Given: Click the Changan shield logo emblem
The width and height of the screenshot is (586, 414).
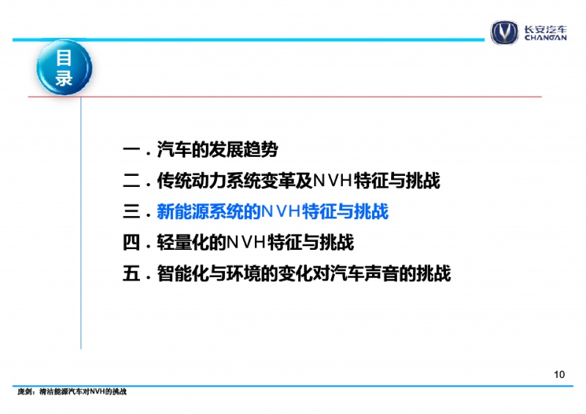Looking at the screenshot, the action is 505,32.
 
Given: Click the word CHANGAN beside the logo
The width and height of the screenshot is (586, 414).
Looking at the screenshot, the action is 545,37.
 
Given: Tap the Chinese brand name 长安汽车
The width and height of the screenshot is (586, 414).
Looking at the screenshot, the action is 545,29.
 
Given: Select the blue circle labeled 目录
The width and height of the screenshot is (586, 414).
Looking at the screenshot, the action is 64,67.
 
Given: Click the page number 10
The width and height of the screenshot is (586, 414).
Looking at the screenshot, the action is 559,374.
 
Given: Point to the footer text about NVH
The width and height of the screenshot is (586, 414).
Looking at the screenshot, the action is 72,391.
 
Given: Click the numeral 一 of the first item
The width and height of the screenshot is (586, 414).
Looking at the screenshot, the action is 131,150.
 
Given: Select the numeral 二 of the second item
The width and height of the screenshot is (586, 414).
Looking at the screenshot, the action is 131,181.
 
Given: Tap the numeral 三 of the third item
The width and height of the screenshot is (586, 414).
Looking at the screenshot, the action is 131,212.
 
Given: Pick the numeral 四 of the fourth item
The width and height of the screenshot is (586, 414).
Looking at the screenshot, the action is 131,243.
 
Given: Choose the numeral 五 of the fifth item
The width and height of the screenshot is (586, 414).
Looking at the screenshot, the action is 131,273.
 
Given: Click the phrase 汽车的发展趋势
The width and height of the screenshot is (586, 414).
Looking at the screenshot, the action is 218,150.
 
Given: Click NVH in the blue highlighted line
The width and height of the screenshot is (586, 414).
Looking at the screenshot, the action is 281,212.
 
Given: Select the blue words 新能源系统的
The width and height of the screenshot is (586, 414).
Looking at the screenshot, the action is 209,212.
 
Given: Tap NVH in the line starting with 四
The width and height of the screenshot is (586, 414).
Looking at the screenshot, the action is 246,243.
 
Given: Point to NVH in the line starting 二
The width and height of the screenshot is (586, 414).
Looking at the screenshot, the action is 333,181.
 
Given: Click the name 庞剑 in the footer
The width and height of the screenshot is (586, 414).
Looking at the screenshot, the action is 24,391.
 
